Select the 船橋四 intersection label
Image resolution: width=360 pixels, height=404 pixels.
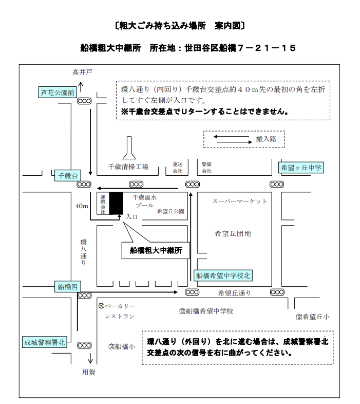pyautogui.click(x=67, y=287)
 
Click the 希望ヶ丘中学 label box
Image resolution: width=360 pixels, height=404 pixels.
pyautogui.click(x=301, y=168)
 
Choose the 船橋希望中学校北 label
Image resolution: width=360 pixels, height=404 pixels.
pyautogui.click(x=224, y=276)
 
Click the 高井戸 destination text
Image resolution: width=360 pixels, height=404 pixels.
pyautogui.click(x=82, y=72)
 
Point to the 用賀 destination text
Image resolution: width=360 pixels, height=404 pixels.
pyautogui.click(x=89, y=372)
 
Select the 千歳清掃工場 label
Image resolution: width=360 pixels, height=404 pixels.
pyautogui.click(x=128, y=167)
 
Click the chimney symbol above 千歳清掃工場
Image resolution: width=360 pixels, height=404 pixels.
pyautogui.click(x=129, y=149)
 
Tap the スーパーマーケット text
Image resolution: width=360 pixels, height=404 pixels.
pyautogui.click(x=240, y=201)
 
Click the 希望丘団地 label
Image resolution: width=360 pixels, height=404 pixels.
pyautogui.click(x=233, y=234)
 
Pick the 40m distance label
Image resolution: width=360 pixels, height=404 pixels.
pyautogui.click(x=82, y=207)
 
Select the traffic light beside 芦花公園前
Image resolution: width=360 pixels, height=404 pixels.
pyautogui.click(x=84, y=101)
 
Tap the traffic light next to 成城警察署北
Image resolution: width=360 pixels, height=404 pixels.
pyautogui.click(x=84, y=345)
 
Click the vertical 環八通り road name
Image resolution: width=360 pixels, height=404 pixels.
pyautogui.click(x=84, y=252)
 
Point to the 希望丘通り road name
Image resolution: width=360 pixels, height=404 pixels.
pyautogui.click(x=235, y=293)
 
